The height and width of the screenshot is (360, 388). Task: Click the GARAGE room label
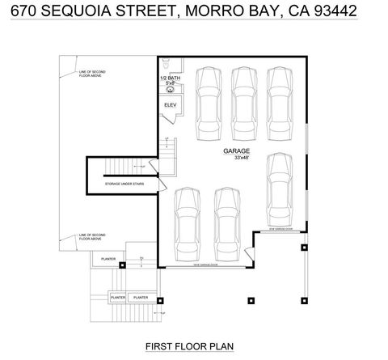coord(237,151)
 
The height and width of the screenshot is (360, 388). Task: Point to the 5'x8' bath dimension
coord(170,83)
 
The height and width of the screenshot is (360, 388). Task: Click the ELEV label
coord(170,104)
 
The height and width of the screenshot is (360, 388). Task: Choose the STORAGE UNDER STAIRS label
coord(122,184)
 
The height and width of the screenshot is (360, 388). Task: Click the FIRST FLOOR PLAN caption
coord(189,346)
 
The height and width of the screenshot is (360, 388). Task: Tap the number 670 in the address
coord(18,13)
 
